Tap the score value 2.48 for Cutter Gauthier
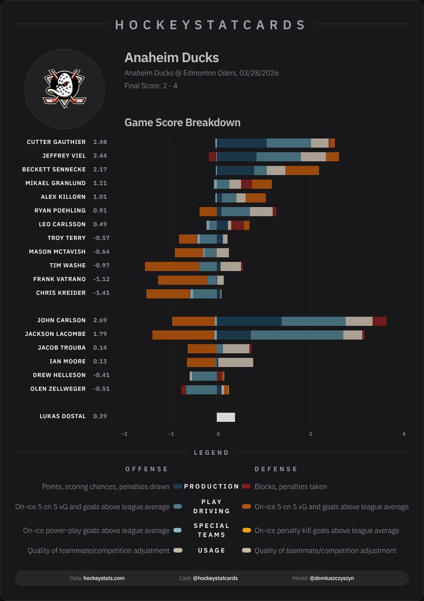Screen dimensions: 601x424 (x=100, y=142)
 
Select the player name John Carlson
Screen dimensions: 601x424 (x=61, y=320)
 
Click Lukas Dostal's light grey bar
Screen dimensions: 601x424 (x=225, y=417)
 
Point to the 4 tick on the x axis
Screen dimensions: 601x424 (x=404, y=434)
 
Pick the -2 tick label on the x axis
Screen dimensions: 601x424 (x=124, y=434)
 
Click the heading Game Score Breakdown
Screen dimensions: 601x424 (x=182, y=122)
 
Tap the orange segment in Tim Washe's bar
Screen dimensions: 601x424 (x=172, y=266)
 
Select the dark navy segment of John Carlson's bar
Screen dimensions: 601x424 (x=249, y=321)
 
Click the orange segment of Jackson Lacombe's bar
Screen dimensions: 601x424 (x=183, y=335)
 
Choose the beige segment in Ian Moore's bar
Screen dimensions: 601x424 (x=236, y=362)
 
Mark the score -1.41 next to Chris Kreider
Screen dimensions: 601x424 (x=101, y=293)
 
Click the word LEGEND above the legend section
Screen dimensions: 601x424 (x=211, y=452)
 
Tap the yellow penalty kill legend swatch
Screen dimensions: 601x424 (x=247, y=531)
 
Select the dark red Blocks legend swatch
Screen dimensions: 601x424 (x=247, y=486)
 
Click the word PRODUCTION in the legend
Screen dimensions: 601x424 (x=211, y=486)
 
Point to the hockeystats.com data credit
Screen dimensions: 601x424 (x=104, y=578)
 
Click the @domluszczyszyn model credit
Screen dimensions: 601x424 (x=332, y=578)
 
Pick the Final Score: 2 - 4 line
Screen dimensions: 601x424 (x=150, y=85)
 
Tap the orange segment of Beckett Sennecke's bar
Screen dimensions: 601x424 (x=302, y=170)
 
